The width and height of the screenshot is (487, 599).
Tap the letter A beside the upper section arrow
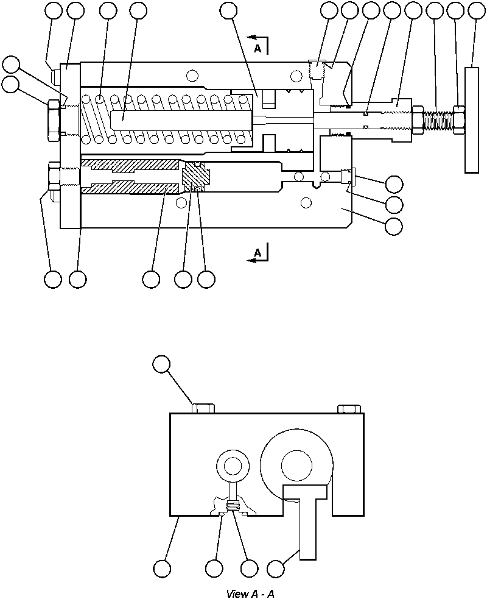pos(258,51)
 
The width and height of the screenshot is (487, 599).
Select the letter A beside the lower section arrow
pos(258,251)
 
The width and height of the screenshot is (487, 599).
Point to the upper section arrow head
pos(250,38)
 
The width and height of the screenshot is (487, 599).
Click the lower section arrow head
pos(250,260)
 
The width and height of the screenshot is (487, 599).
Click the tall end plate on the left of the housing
pos(71,146)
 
